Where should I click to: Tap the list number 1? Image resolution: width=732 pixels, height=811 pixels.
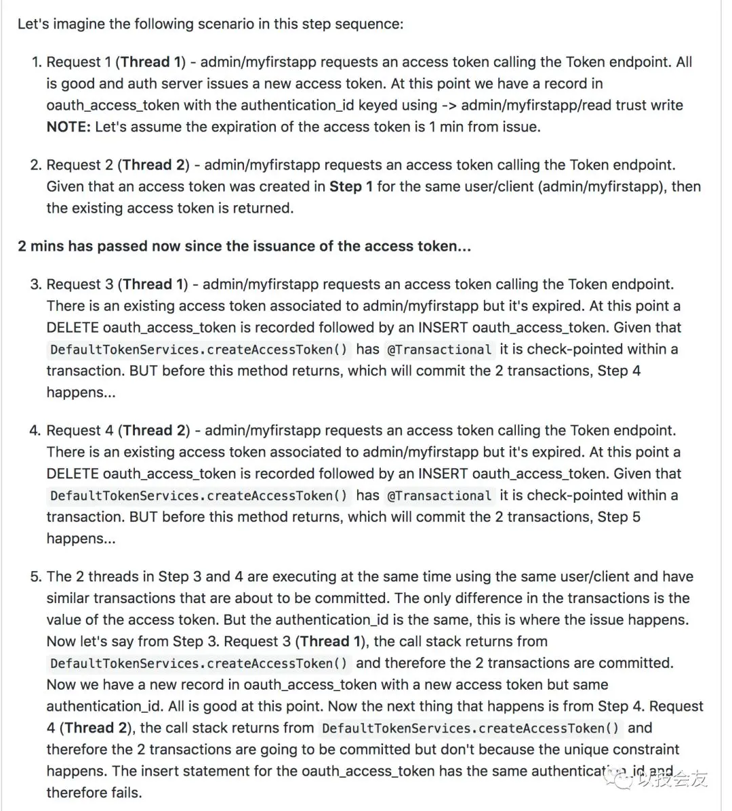[36, 62]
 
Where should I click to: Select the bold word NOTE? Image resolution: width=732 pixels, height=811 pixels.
[68, 127]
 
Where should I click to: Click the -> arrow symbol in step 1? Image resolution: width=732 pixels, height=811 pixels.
[449, 106]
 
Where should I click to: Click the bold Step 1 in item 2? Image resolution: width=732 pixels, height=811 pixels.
[351, 187]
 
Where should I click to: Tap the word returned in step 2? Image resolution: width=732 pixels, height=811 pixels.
[264, 209]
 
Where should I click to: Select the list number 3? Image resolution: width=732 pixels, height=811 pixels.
[36, 285]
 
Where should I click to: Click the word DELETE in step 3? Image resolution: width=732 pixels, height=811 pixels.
[72, 328]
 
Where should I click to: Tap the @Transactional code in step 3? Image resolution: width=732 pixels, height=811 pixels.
[439, 350]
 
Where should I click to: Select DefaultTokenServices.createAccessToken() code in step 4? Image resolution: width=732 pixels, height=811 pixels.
[199, 496]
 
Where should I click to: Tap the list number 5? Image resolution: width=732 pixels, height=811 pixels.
[36, 577]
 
